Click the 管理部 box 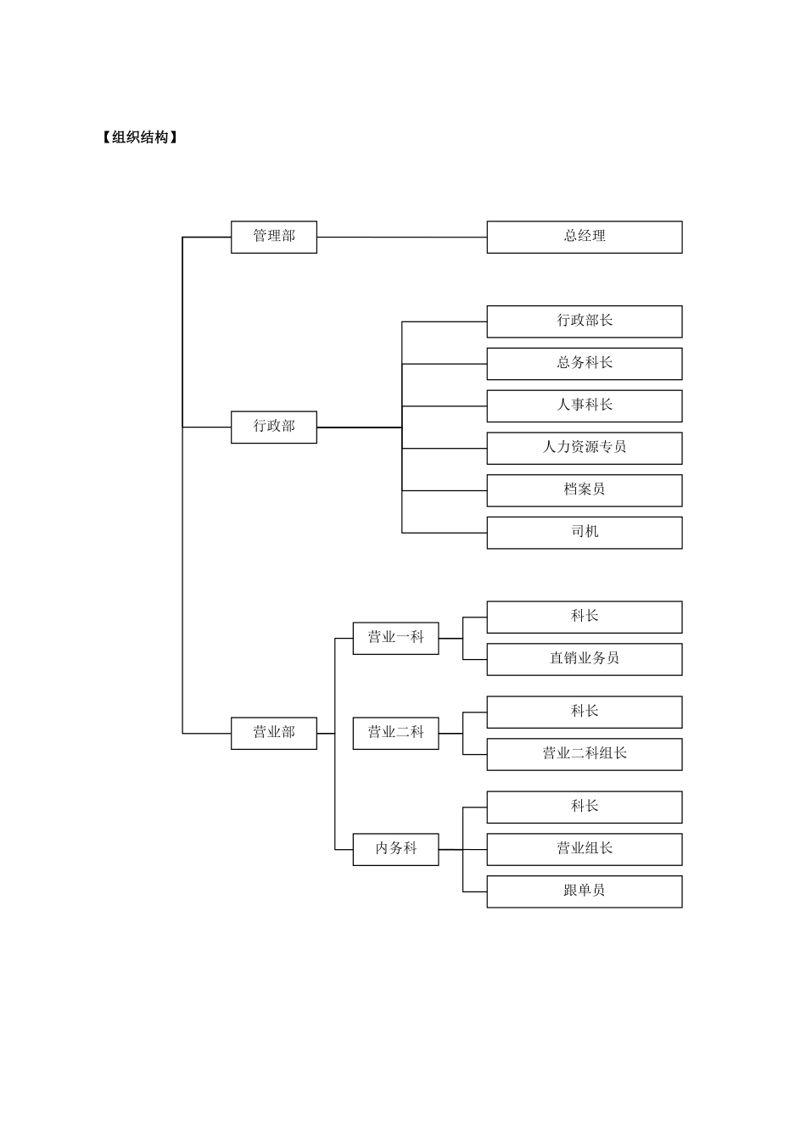click(x=273, y=237)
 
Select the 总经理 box click(x=584, y=237)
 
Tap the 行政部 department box click(x=273, y=427)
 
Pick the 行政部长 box click(x=584, y=321)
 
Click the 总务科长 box click(x=584, y=364)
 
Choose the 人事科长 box click(x=584, y=405)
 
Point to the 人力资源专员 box click(x=584, y=448)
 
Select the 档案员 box click(x=584, y=490)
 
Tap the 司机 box click(x=584, y=533)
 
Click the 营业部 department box click(x=273, y=733)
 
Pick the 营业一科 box click(x=395, y=638)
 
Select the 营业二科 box click(x=395, y=733)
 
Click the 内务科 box click(x=395, y=849)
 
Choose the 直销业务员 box click(x=584, y=659)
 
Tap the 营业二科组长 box click(x=584, y=754)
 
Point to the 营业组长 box click(x=584, y=849)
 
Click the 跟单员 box click(x=584, y=891)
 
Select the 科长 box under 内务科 click(x=584, y=807)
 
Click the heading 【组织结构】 click(x=140, y=137)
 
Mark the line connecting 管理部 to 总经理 click(x=401, y=237)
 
